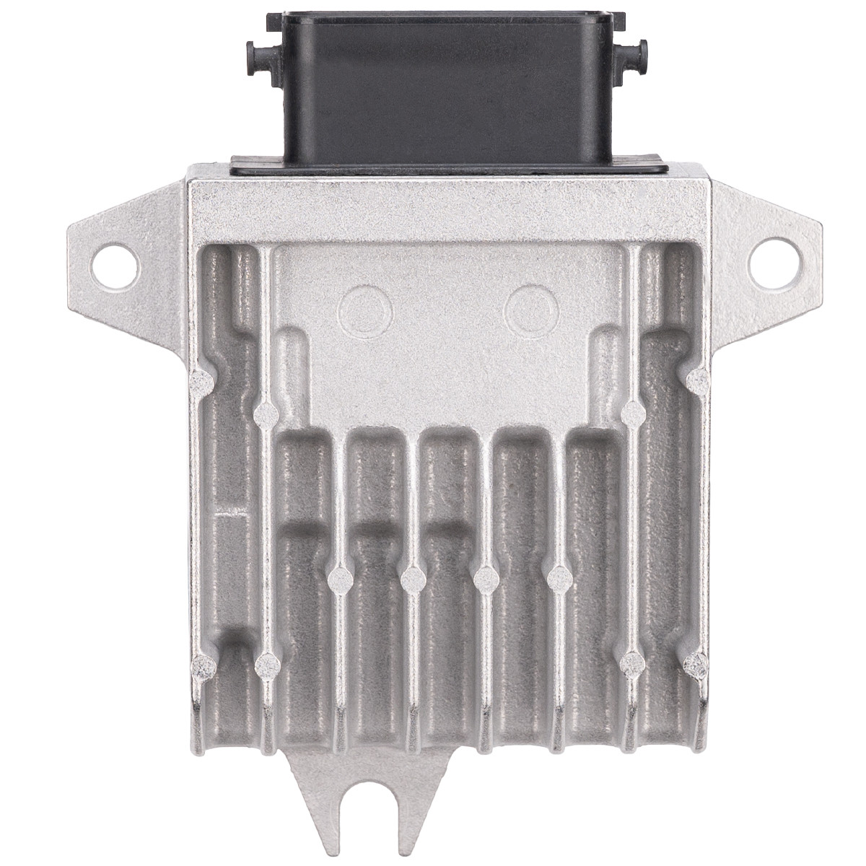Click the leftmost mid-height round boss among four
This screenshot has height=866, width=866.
pyautogui.click(x=339, y=577)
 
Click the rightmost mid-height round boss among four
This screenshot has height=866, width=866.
pyautogui.click(x=558, y=577)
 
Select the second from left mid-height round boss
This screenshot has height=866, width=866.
pyautogui.click(x=412, y=577)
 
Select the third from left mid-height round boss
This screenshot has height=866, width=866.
pyautogui.click(x=485, y=577)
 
